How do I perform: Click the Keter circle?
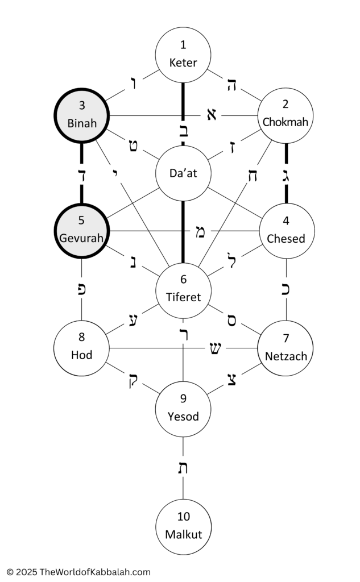183,55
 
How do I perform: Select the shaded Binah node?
82,115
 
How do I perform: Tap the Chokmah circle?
285,115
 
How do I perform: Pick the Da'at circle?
183,173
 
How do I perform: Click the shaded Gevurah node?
82,231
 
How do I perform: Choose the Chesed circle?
287,231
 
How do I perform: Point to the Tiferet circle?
183,290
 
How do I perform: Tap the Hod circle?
82,348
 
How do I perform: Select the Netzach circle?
285,348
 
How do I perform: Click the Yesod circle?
183,409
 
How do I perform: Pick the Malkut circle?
183,527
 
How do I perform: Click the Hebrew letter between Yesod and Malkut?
183,468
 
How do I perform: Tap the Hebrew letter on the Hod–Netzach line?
215,348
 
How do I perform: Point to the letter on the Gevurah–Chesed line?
200,232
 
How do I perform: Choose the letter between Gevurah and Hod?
82,289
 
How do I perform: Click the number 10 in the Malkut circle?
184,516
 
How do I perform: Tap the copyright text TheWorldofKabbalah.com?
95,572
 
